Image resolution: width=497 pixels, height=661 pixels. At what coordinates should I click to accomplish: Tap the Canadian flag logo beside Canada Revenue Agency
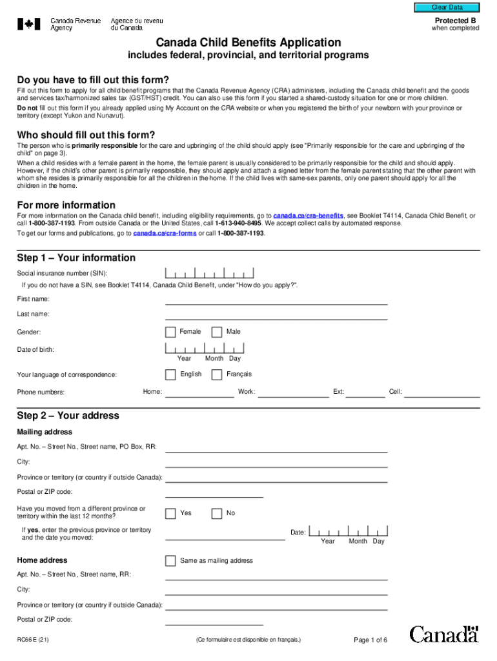pos(28,25)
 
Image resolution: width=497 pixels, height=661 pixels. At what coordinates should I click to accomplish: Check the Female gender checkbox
pos(170,332)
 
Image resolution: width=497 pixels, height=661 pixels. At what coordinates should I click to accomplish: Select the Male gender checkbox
pos(217,332)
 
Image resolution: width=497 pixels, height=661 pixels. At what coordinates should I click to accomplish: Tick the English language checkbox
pos(170,374)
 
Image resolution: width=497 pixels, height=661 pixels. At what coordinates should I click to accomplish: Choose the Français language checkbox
pos(217,374)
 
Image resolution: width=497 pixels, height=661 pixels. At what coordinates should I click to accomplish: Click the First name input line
pos(276,300)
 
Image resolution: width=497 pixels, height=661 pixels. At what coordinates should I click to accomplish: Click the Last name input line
pos(276,314)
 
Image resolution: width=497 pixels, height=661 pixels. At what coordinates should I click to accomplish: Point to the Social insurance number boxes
pos(209,273)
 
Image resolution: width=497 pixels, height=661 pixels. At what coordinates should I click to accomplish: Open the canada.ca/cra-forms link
pos(165,233)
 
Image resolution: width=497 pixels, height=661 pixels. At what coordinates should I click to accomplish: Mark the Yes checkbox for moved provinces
pos(170,513)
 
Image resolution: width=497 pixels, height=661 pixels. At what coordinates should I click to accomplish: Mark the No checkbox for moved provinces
pos(217,513)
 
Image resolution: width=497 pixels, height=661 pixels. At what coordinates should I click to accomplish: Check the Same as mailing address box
pos(170,560)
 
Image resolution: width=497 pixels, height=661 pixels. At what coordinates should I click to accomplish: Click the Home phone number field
pos(199,392)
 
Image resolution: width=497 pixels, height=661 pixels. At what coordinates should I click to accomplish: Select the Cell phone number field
pos(442,392)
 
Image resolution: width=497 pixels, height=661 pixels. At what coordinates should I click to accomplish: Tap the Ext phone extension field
pos(365,392)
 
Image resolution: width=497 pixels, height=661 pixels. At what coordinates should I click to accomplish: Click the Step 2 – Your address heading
pos(68,416)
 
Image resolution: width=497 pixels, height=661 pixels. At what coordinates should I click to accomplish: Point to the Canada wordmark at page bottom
pos(444,634)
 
